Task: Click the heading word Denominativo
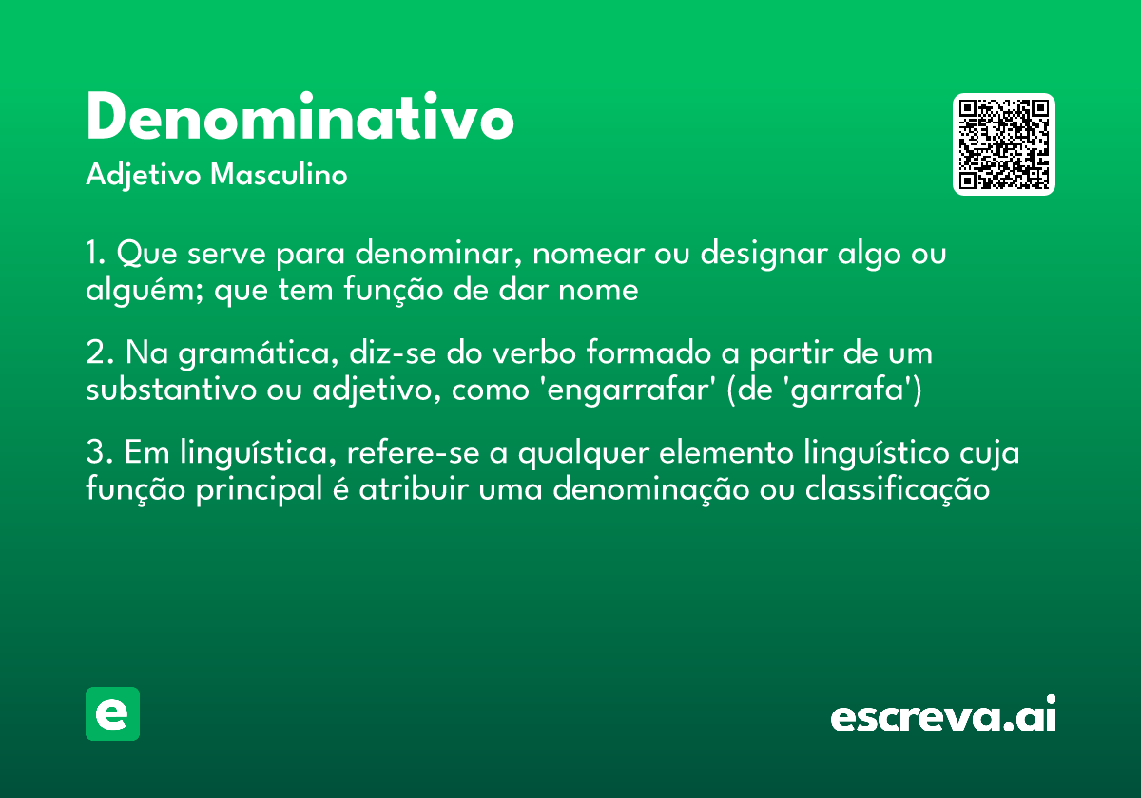300,119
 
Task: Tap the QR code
1004,144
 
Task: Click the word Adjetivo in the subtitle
143,176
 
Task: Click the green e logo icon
112,713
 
